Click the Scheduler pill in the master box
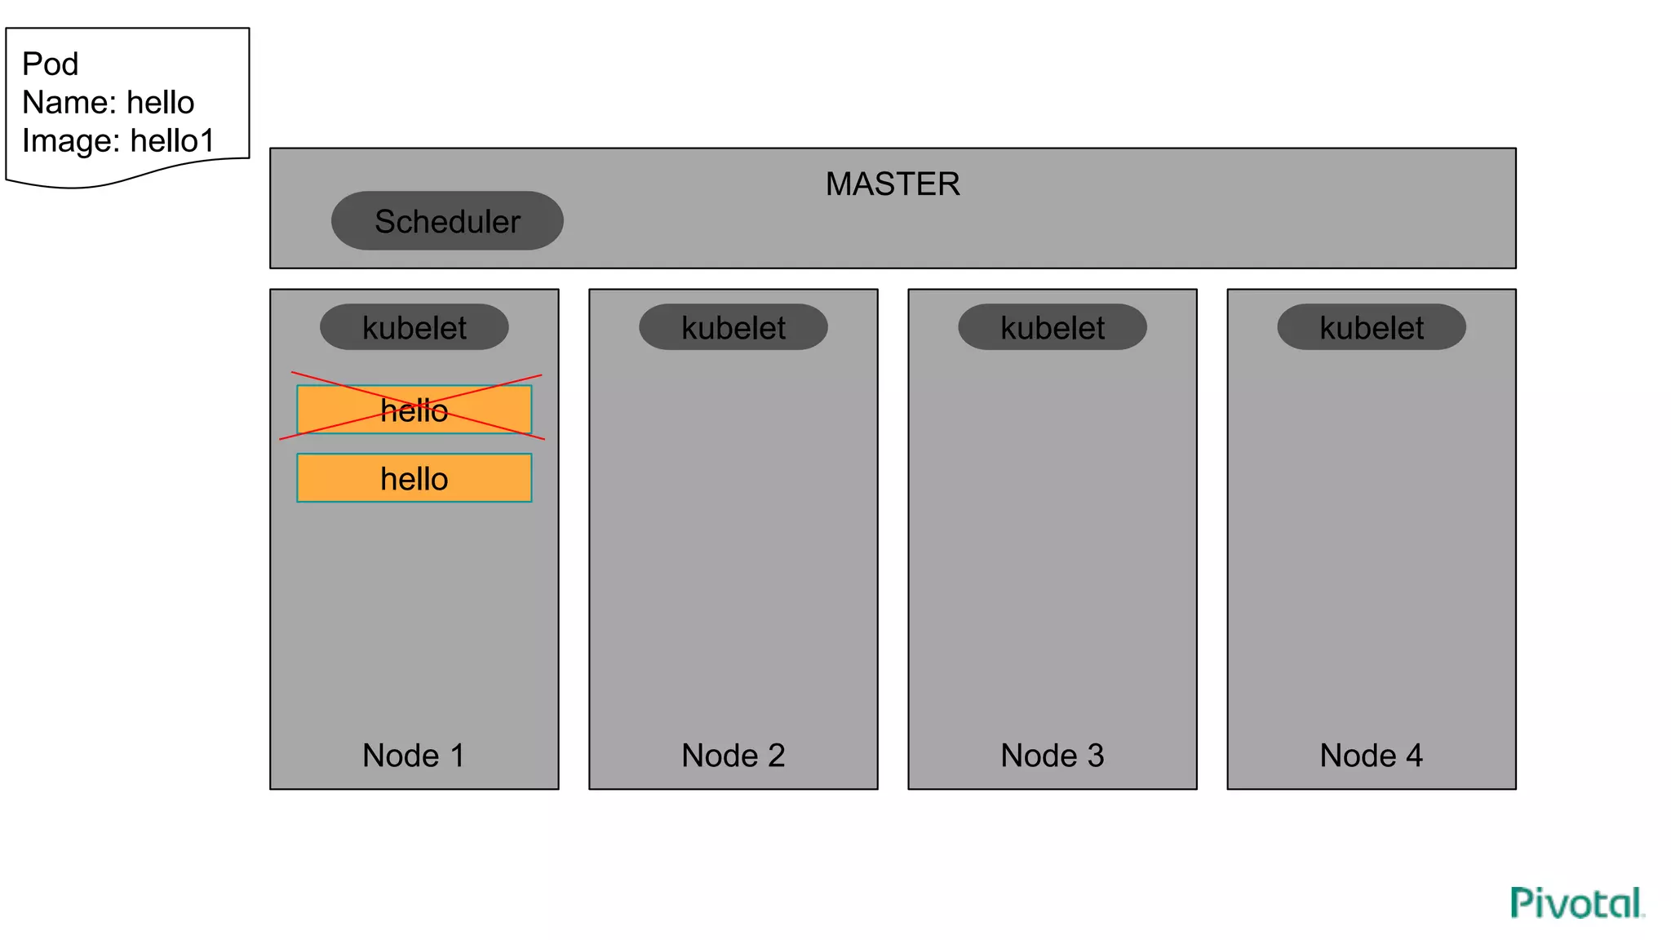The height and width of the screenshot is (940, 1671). tap(447, 221)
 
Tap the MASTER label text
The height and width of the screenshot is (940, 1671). tap(893, 184)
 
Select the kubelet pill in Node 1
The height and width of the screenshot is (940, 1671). tap(414, 327)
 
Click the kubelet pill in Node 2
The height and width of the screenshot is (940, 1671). tap(734, 327)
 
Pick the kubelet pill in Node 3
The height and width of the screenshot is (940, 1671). tap(1053, 327)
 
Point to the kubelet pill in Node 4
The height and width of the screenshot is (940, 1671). tap(1372, 327)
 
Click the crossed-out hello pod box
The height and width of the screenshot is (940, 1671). tap(414, 410)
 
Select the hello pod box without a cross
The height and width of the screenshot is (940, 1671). tap(414, 478)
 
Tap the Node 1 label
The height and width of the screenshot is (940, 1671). tap(414, 756)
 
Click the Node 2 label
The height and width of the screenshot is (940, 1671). tap(733, 756)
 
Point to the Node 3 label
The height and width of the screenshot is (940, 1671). tap(1052, 756)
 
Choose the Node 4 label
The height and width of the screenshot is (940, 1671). tap(1371, 756)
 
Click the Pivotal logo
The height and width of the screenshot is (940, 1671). tap(1576, 903)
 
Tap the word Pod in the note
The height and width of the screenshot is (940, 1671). tap(50, 64)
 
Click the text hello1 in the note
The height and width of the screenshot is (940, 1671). tap(172, 141)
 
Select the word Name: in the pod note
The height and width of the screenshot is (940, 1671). tap(69, 103)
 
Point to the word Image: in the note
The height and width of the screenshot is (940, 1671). tap(72, 141)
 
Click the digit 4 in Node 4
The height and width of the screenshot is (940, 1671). tap(1414, 756)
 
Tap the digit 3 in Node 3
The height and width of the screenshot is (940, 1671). tap(1095, 756)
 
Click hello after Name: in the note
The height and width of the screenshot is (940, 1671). tap(161, 103)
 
